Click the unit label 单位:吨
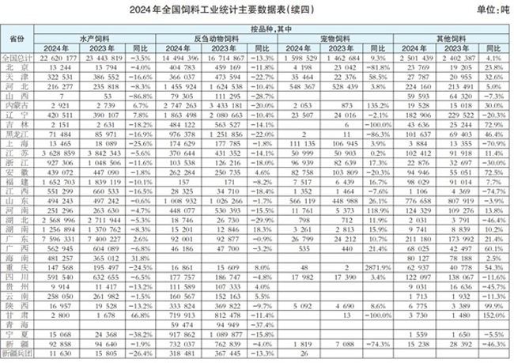(x=493, y=9)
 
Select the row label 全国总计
(x=17, y=57)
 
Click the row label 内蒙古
(x=17, y=103)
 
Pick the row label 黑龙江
(x=17, y=134)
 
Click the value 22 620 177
(x=54, y=57)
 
